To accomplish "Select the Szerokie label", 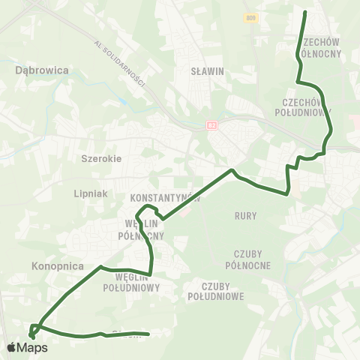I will pyautogui.click(x=100, y=159).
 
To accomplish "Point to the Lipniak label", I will pyautogui.click(x=91, y=193).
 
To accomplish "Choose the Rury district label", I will pyautogui.click(x=244, y=216).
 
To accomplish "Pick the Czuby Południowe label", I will pyautogui.click(x=213, y=291).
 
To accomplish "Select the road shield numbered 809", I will pyautogui.click(x=250, y=17).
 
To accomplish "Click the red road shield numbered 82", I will pyautogui.click(x=211, y=126).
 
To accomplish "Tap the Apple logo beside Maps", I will pyautogui.click(x=11, y=347).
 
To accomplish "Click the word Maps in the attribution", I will pyautogui.click(x=33, y=347).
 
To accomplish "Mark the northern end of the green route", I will pyautogui.click(x=304, y=12).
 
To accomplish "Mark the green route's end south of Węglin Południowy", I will pyautogui.click(x=148, y=334).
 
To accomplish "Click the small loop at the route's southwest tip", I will pyautogui.click(x=32, y=331).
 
